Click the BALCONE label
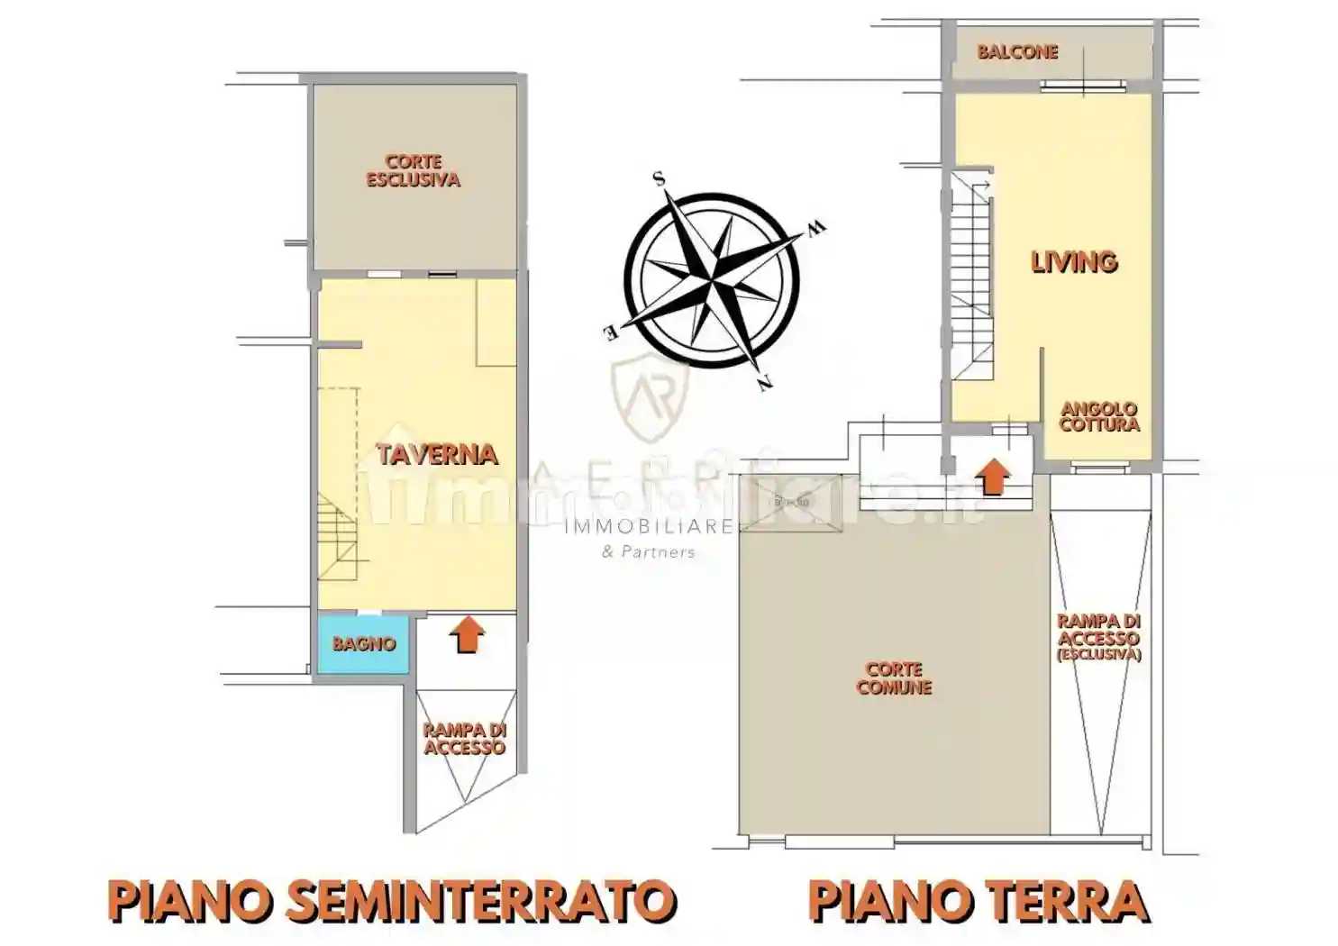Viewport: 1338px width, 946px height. click(1017, 52)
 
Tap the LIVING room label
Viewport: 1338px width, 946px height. click(1074, 262)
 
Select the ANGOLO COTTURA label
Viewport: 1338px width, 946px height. click(1099, 417)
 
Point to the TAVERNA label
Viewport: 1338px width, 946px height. click(437, 454)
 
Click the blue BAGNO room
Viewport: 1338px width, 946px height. click(363, 643)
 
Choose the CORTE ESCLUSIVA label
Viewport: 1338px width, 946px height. click(413, 171)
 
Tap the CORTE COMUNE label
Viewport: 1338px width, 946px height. click(894, 678)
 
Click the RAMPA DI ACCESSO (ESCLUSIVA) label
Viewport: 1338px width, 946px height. click(1098, 637)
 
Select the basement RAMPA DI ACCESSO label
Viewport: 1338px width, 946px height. click(464, 739)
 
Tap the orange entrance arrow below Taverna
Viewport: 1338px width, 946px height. click(466, 634)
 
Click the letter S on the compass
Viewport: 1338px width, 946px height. click(660, 179)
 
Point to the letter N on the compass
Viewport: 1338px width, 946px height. click(765, 384)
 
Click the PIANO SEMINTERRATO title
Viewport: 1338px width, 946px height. click(392, 901)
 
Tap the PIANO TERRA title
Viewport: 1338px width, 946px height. click(978, 901)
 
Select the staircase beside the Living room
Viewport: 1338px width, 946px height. click(971, 275)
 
